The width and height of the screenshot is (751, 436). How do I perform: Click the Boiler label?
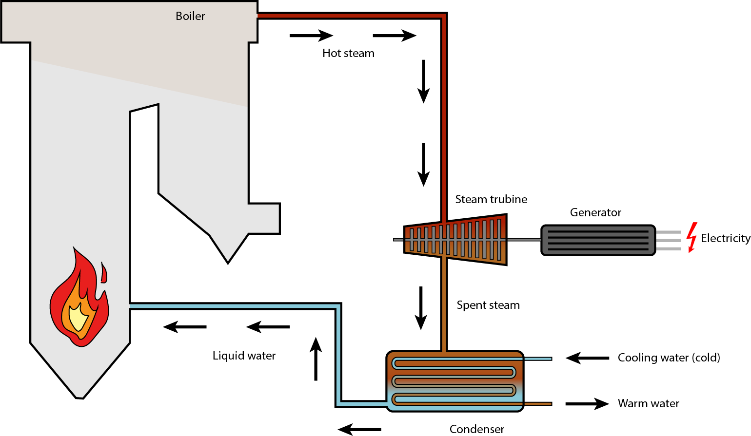point(190,16)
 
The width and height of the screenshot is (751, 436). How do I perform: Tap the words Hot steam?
point(348,53)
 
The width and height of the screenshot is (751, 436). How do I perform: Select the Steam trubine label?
point(491,199)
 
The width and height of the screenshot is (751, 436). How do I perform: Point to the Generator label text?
point(595,212)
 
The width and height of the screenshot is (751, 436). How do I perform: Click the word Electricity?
point(725,238)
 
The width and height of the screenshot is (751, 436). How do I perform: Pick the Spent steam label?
point(488,305)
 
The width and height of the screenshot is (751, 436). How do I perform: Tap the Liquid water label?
point(244,356)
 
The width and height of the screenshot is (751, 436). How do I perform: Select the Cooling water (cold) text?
point(669,358)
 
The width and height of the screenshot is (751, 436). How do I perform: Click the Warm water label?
point(648,403)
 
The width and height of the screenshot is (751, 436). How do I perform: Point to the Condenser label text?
point(476,429)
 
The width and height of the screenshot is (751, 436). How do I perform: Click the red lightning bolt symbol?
point(691,238)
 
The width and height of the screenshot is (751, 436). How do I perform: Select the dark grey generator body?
point(598,240)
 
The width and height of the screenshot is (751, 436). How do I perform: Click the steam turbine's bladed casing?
point(456,240)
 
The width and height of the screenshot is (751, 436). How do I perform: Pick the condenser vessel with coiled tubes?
point(455,381)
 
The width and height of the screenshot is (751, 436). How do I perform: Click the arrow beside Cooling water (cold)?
point(587,358)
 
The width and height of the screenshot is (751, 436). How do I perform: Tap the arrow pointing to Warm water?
point(587,404)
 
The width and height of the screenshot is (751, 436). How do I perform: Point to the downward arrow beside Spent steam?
point(421,308)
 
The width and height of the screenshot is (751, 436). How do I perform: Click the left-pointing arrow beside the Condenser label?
point(359,429)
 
